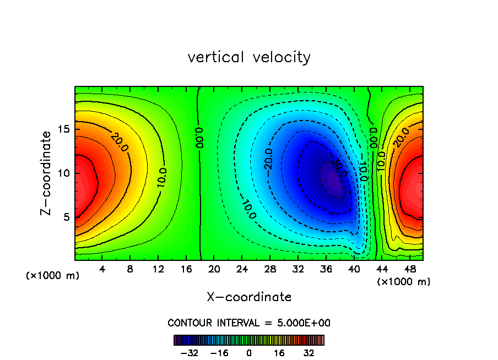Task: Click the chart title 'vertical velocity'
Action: click(249, 57)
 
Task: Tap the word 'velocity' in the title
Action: click(280, 57)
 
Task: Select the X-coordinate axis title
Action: click(249, 297)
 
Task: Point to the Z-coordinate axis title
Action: click(46, 173)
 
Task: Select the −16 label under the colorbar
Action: click(220, 353)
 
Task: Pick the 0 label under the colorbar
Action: click(249, 353)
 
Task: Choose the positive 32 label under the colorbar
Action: click(309, 353)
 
